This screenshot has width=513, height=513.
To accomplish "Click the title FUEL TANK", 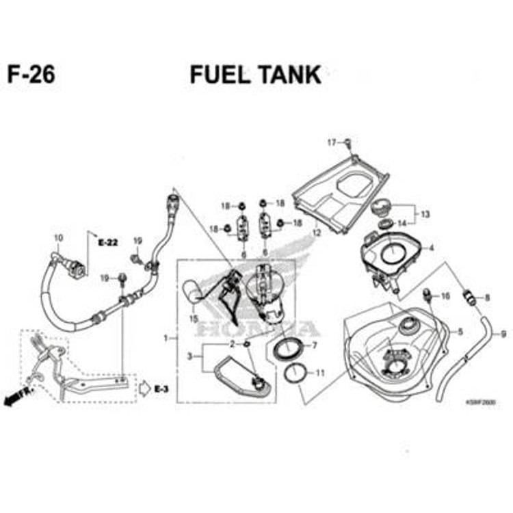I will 255,75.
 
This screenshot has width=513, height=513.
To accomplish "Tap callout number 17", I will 332,142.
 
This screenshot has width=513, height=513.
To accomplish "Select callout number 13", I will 425,214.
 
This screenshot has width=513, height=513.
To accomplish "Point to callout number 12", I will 317,233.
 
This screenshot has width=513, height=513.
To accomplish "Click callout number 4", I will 431,247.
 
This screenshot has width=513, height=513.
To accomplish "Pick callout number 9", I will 503,334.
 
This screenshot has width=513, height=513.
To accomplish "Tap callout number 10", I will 58,238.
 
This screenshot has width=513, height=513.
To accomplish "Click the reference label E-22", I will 108,242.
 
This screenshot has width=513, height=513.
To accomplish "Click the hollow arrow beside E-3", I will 145,388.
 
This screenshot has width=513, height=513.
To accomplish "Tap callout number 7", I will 315,345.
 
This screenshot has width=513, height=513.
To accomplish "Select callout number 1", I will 166,338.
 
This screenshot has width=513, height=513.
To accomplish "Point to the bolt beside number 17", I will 347,143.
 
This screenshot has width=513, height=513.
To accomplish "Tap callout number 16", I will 445,296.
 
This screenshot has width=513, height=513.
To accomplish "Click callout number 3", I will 190,356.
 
